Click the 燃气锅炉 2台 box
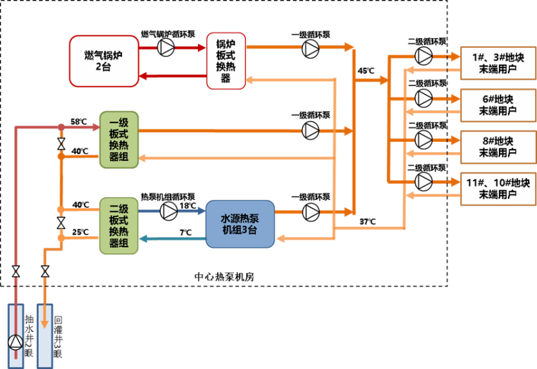(x=104, y=61)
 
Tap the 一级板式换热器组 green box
(x=119, y=139)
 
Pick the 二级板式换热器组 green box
(x=119, y=226)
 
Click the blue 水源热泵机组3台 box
(x=240, y=223)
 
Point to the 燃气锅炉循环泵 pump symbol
(x=167, y=46)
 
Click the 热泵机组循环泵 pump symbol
(x=168, y=210)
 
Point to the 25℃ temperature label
(x=80, y=232)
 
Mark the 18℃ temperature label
(x=187, y=205)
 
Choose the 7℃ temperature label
(x=185, y=232)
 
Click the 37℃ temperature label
(x=367, y=222)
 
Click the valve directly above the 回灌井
(x=45, y=271)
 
